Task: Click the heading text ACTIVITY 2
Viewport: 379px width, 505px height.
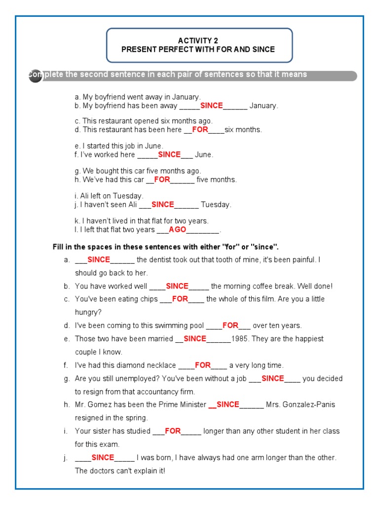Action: pyautogui.click(x=197, y=41)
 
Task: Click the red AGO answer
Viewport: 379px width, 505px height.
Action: pyautogui.click(x=178, y=229)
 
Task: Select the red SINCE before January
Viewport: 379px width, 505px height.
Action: pyautogui.click(x=212, y=106)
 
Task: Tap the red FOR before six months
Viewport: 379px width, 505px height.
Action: pyautogui.click(x=200, y=130)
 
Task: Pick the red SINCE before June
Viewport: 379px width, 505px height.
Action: pyautogui.click(x=169, y=154)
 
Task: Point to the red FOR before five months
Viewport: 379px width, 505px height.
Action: pyautogui.click(x=162, y=180)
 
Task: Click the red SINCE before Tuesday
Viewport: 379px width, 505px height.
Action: pyautogui.click(x=163, y=204)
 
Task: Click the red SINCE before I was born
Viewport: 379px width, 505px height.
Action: pyautogui.click(x=103, y=457)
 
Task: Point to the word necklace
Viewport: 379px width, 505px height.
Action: pyautogui.click(x=161, y=365)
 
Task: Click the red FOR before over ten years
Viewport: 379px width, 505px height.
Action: pyautogui.click(x=230, y=325)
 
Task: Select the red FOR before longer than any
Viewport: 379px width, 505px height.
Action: pyautogui.click(x=173, y=431)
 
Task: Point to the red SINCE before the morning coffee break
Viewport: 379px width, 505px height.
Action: pyautogui.click(x=177, y=286)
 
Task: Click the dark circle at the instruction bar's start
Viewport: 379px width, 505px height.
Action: pyautogui.click(x=35, y=76)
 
